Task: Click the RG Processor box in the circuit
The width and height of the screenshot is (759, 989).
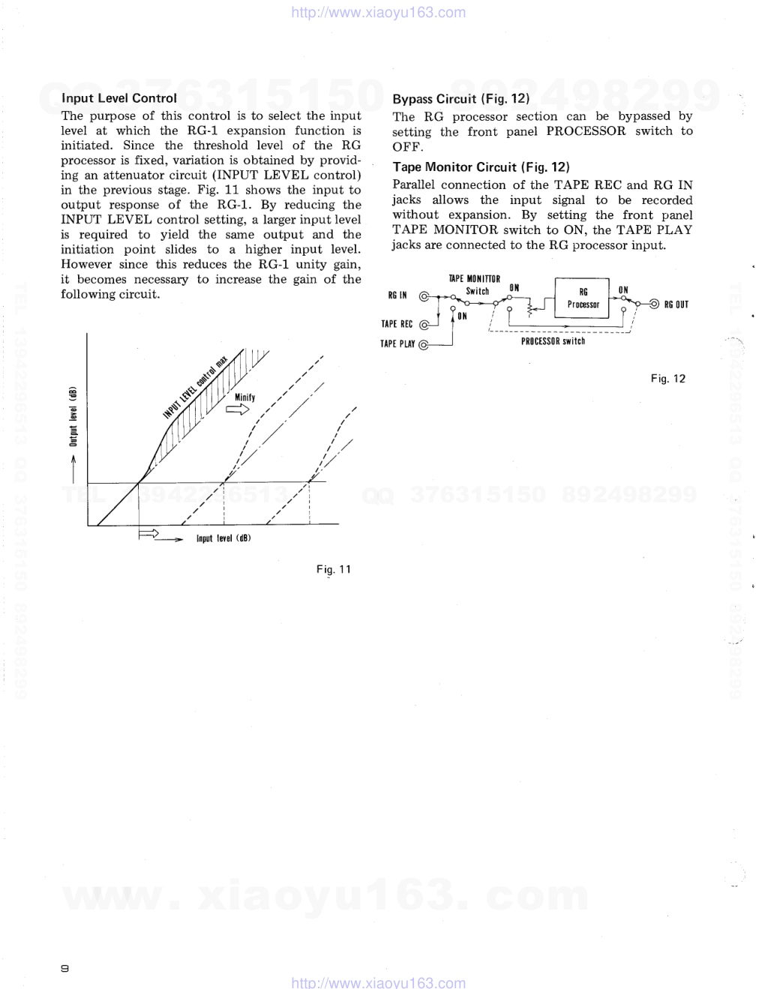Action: [583, 298]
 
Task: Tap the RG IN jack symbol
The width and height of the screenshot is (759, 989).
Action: [424, 296]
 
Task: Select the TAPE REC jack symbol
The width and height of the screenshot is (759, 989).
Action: [424, 325]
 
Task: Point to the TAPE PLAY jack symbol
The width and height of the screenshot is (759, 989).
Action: [424, 345]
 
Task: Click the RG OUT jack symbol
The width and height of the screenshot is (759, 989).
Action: [654, 304]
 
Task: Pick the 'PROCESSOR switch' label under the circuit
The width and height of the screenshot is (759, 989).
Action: [553, 341]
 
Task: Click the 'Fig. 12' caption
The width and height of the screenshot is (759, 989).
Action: [667, 379]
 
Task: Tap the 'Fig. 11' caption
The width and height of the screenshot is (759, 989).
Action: [333, 569]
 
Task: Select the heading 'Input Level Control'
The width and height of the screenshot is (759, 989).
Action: [119, 98]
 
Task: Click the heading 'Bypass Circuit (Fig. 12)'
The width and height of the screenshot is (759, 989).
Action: [460, 99]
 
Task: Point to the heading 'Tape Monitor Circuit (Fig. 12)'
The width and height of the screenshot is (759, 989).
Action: [481, 167]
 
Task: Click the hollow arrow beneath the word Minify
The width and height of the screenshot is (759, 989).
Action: [238, 409]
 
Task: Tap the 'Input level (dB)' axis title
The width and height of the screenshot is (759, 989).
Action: [223, 538]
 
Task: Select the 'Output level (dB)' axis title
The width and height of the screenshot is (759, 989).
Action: [73, 417]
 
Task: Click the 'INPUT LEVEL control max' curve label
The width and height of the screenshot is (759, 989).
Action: [195, 388]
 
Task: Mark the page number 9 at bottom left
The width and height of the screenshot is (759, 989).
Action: [65, 968]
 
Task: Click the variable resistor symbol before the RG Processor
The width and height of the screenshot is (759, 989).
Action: [532, 307]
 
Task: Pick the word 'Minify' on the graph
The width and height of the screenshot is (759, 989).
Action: [244, 397]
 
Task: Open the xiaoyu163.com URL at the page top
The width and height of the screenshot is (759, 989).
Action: [378, 13]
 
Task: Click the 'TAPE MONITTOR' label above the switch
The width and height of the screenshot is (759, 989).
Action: [474, 279]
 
